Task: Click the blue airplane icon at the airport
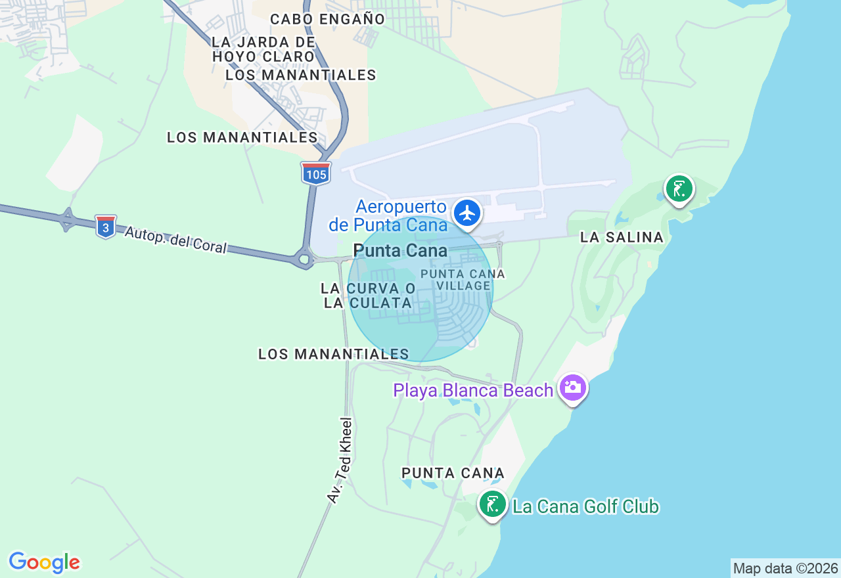pos(467,213)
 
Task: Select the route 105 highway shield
pos(316,173)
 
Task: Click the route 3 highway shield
pos(105,226)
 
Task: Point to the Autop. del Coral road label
pos(175,240)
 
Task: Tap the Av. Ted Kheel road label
pos(341,460)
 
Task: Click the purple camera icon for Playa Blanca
pos(573,387)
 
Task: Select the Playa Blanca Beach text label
pos(473,391)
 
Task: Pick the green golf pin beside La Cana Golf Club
pos(492,504)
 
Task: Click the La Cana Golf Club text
pos(585,507)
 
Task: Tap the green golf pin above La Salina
pos(679,189)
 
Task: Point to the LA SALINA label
pos(622,238)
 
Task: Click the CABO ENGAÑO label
pos(327,19)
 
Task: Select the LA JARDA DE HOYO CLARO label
pos(263,49)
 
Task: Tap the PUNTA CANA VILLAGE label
pos(463,279)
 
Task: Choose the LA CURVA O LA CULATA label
pos(368,296)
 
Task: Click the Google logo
pos(44,562)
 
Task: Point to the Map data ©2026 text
pos(785,568)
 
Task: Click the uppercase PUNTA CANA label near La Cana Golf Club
pos(453,473)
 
